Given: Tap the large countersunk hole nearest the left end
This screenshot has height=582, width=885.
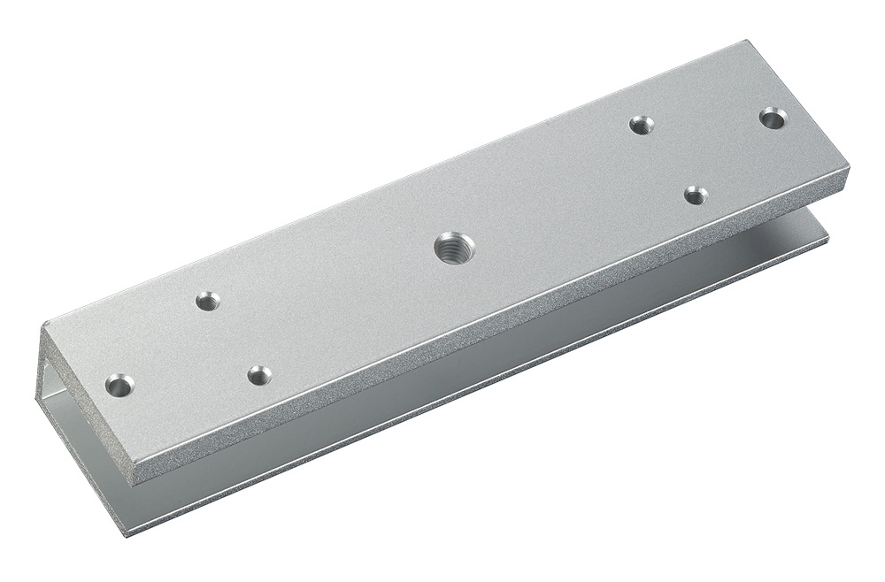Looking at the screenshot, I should pos(119,386).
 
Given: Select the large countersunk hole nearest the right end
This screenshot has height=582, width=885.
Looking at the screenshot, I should pos(773,118).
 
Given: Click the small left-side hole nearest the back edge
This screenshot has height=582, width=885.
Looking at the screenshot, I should pos(207,302).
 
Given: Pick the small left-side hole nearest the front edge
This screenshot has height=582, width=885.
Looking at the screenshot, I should pos(258,375).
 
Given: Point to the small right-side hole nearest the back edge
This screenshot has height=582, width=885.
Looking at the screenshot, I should pos(642,125).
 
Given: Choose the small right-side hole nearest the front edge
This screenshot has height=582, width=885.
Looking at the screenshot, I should pos(696,195).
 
